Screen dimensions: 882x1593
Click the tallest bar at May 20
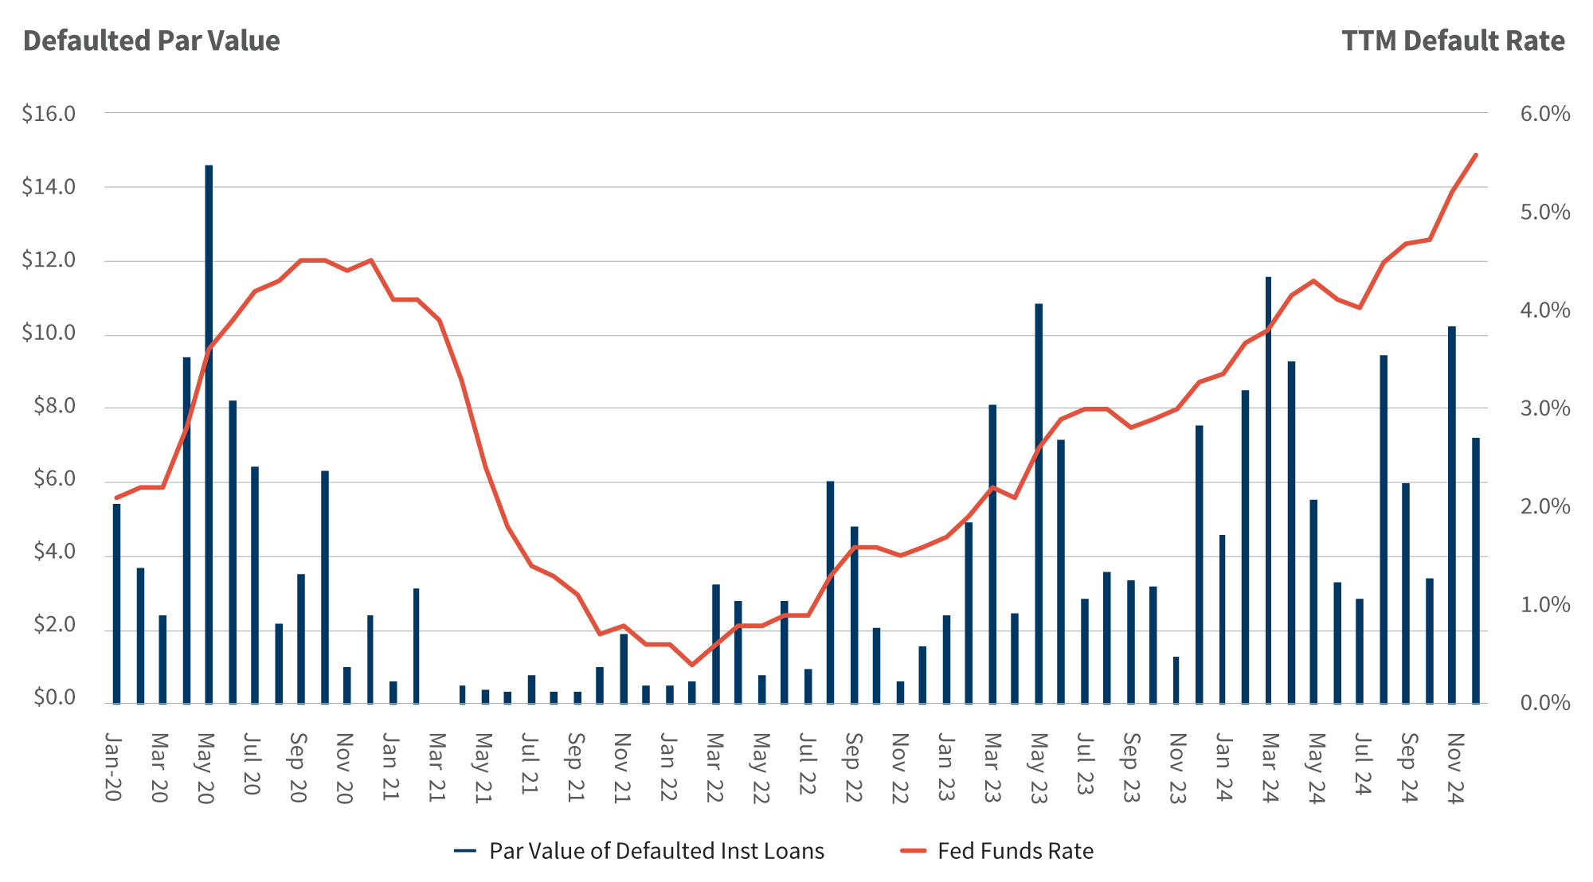pos(209,434)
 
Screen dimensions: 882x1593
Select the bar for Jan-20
pos(116,603)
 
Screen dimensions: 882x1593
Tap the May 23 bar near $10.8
pos(1039,503)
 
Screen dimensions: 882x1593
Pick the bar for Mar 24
pos(1268,490)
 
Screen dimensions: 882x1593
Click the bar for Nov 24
pos(1451,514)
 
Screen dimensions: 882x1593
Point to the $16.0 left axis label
pos(49,114)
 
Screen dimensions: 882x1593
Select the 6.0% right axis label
pos(1544,114)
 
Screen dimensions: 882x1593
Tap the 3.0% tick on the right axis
pos(1544,408)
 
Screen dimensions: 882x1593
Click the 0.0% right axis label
pos(1544,703)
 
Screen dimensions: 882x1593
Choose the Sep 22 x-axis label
pos(853,767)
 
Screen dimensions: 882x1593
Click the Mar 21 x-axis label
pos(436,767)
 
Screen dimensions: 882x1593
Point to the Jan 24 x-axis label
pos(1223,767)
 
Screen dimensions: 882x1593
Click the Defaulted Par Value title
pos(151,41)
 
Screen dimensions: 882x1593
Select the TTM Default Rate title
pos(1453,41)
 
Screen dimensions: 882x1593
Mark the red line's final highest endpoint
pos(1475,155)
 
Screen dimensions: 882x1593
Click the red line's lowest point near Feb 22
pos(691,665)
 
